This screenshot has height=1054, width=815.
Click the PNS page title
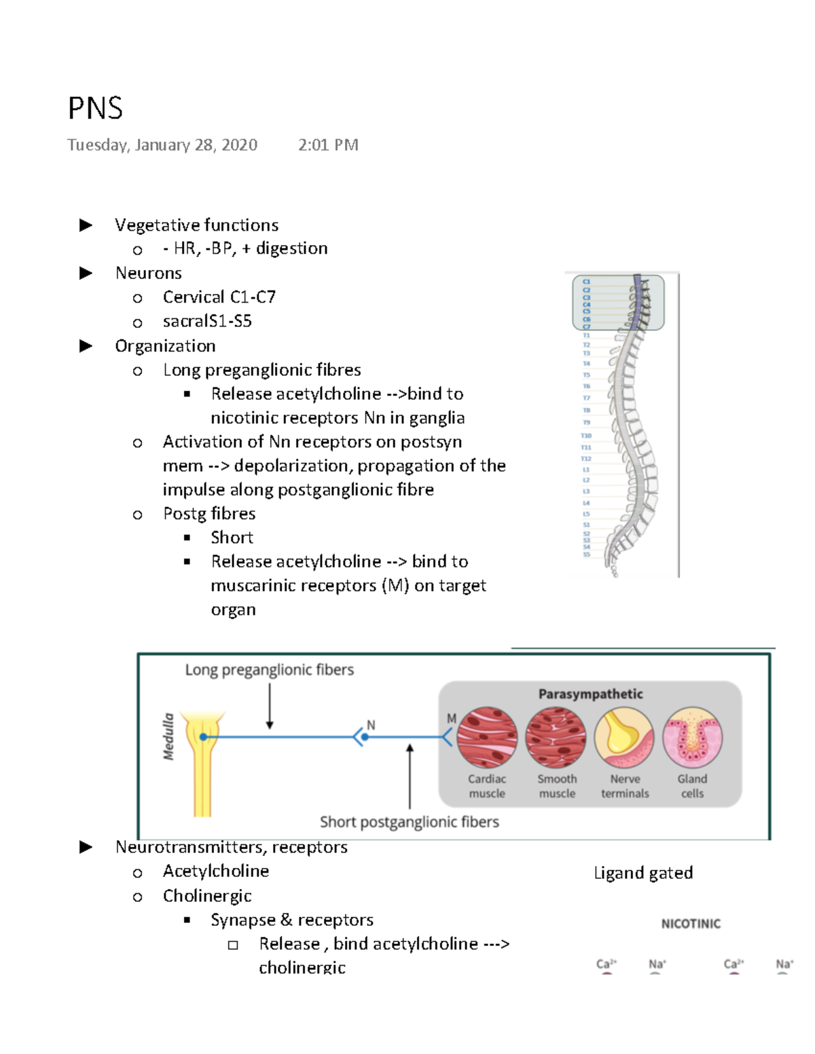click(x=95, y=109)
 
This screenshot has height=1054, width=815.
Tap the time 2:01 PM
click(x=328, y=145)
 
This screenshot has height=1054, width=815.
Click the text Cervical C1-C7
click(x=219, y=297)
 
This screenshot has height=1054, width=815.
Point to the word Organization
click(x=165, y=346)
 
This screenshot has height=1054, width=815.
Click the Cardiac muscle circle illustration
click(x=487, y=738)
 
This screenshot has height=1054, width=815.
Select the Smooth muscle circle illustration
click(x=556, y=738)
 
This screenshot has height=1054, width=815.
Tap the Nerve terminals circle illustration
click(x=624, y=738)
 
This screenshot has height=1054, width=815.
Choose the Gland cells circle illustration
click(x=692, y=738)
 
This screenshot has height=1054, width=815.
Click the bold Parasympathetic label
click(x=590, y=694)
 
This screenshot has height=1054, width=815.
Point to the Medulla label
click(x=168, y=736)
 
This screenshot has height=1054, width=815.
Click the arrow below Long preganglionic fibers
click(x=270, y=707)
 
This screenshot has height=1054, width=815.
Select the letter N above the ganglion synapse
click(x=371, y=725)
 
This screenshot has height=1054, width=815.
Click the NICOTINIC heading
click(x=691, y=924)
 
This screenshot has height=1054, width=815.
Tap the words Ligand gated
click(x=643, y=873)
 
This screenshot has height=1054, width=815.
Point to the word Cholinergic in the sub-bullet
click(x=207, y=896)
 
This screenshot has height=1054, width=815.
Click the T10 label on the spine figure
click(x=585, y=436)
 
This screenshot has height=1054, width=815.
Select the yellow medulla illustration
click(x=204, y=760)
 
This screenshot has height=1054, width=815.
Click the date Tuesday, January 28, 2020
click(x=162, y=145)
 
